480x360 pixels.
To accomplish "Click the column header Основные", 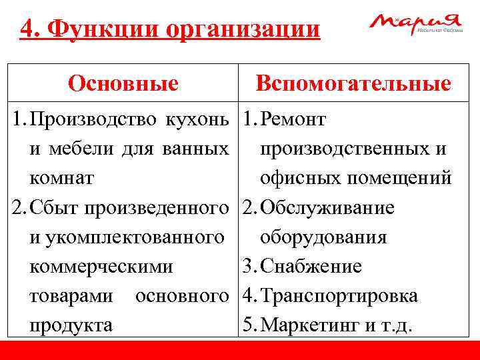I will pos(123,83).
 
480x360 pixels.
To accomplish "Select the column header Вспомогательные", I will pos(353,83).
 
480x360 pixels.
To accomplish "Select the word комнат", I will pos(62,179).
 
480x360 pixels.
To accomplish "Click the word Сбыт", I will pos(54,208).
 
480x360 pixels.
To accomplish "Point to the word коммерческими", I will pos(101,267).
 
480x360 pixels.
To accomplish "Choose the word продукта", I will pos(71,325).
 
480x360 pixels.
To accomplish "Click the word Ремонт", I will pos(293,120).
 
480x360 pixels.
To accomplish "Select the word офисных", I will pos(299,179).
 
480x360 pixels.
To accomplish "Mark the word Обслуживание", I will pos(328,208).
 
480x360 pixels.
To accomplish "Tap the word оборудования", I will pos(324,237).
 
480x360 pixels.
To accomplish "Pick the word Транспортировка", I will pos(339,296).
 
